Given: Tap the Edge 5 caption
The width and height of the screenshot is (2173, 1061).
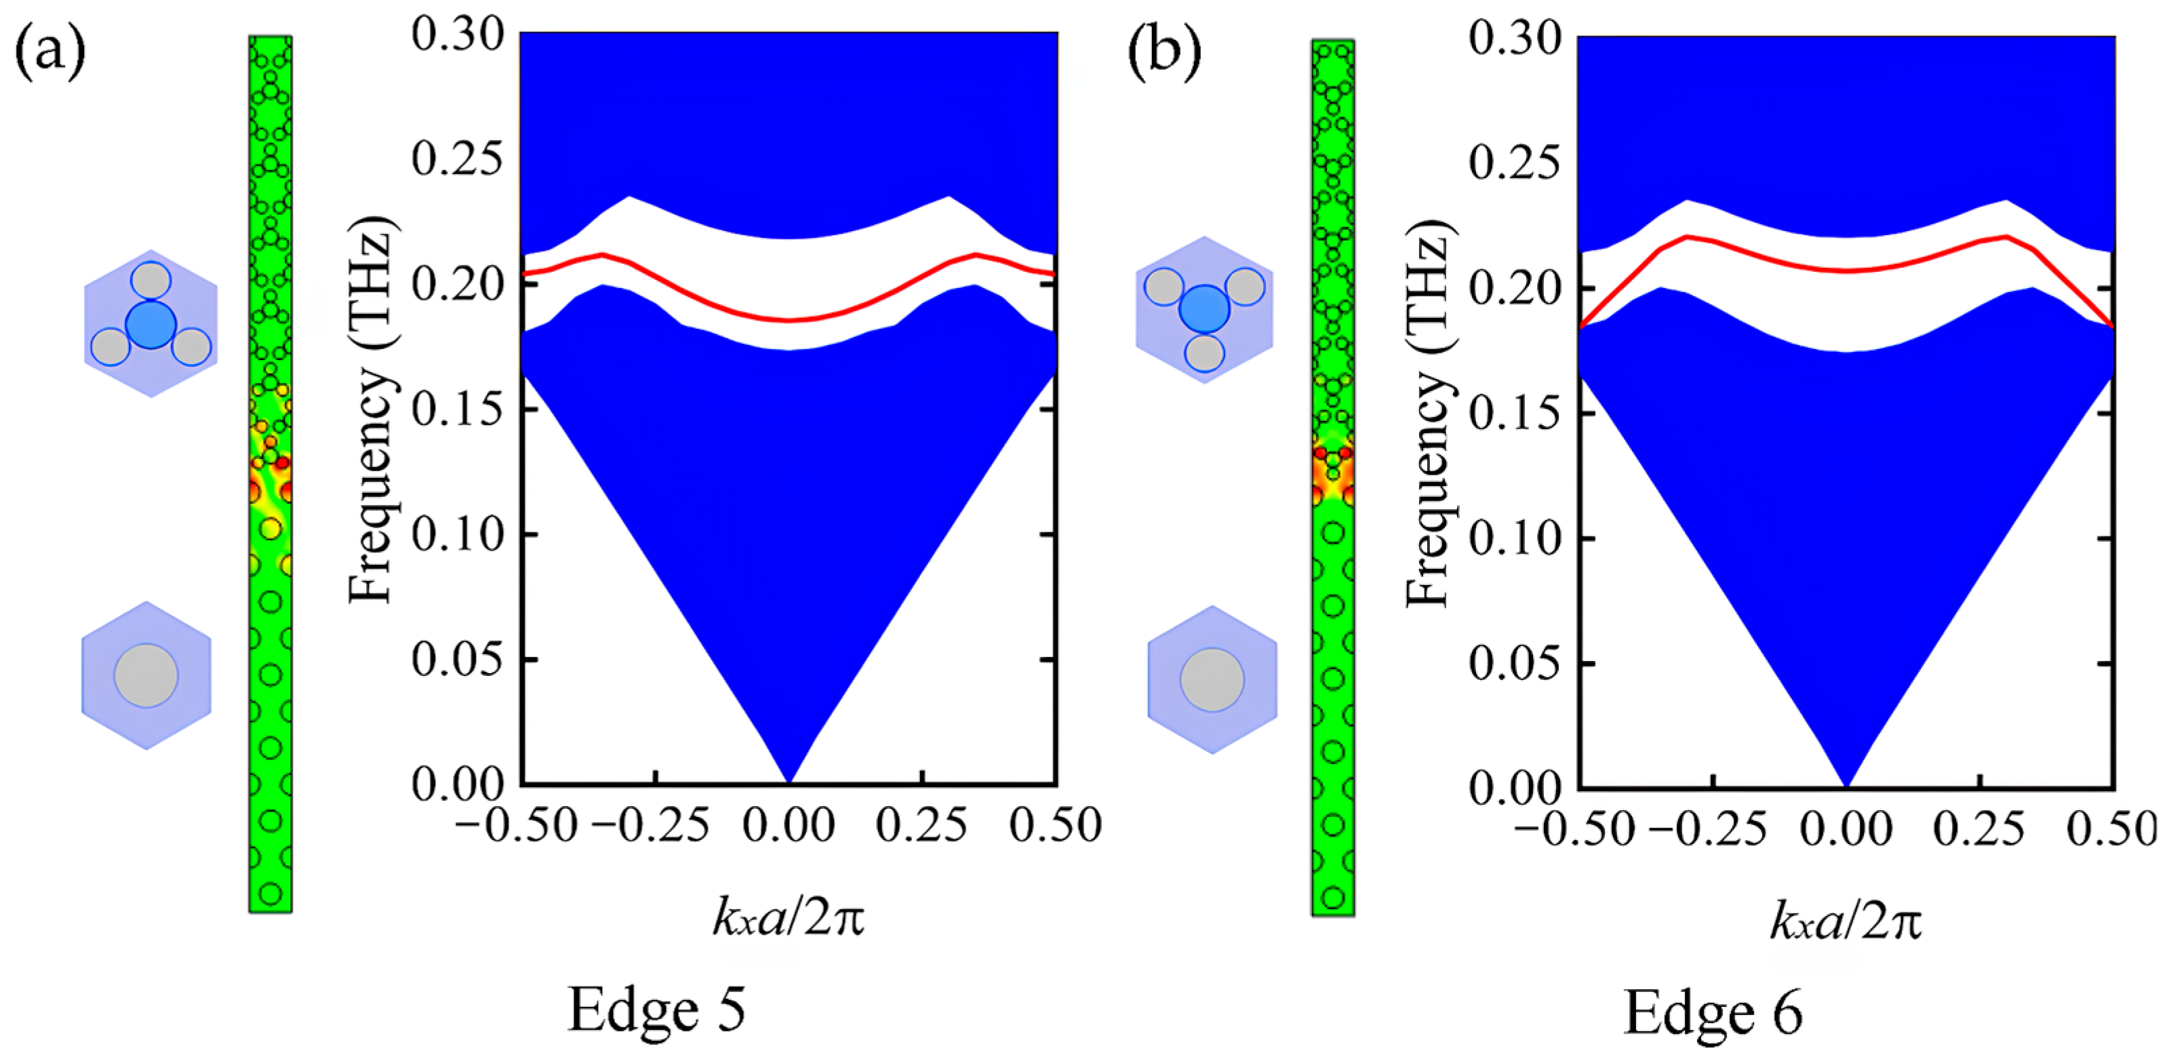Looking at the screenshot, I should [x=656, y=1009].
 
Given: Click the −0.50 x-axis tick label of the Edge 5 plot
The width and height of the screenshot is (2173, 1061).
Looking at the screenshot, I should [x=516, y=826].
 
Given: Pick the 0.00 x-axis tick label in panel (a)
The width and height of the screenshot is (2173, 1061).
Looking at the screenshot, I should [x=789, y=826].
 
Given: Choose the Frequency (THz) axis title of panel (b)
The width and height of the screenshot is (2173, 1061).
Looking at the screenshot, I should [x=1427, y=414].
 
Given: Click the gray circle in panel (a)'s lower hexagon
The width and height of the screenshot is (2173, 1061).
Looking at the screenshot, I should [x=146, y=675].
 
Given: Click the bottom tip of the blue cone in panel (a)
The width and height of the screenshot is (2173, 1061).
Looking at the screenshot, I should [x=789, y=781].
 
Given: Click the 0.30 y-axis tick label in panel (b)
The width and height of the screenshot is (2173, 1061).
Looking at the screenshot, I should [x=1514, y=38].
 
